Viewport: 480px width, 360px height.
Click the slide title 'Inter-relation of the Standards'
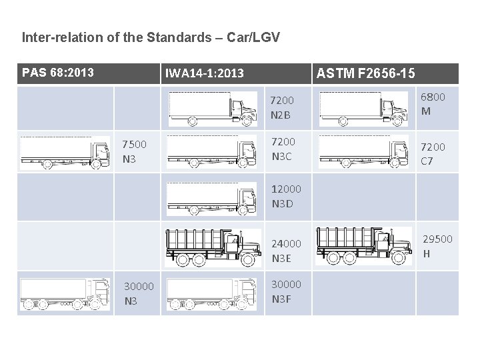[151, 37]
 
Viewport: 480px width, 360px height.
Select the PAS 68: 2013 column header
[58, 72]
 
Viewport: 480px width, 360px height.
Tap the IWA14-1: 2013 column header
[205, 73]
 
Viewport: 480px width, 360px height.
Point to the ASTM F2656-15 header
[366, 73]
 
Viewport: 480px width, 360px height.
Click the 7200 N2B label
[282, 107]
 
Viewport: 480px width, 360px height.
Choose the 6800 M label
[433, 104]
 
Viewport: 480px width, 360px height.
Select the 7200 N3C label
[283, 149]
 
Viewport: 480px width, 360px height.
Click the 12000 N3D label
[286, 196]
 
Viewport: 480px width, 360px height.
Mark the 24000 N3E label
[286, 251]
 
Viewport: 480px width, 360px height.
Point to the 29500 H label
[437, 246]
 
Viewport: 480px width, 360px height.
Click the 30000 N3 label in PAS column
[139, 293]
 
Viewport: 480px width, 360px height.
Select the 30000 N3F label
[286, 291]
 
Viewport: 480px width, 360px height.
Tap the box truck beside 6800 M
[363, 109]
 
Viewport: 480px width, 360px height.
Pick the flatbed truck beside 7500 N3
[65, 153]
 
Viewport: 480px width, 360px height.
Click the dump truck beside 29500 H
[363, 246]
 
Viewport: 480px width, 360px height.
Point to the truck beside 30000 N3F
[211, 294]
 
